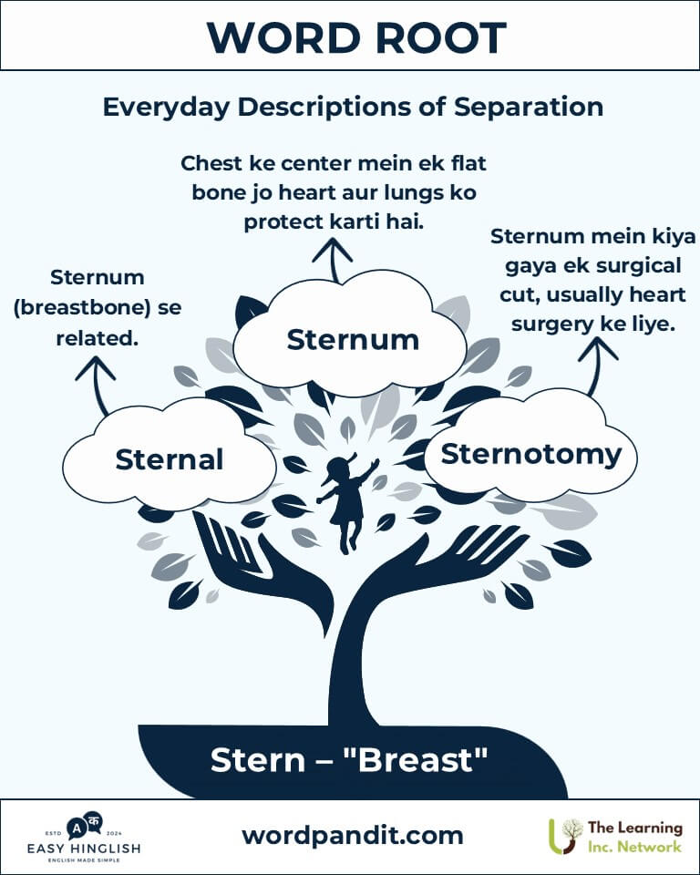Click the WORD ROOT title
tap(356, 38)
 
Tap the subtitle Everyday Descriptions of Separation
tap(353, 107)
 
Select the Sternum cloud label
tap(353, 339)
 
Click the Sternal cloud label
tap(170, 459)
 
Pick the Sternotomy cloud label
tap(530, 454)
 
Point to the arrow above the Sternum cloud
tap(334, 260)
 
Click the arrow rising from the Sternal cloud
tap(98, 385)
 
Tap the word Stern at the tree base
tap(258, 760)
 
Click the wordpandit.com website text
tap(353, 836)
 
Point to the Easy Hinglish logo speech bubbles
tap(85, 827)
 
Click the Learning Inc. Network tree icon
tap(565, 836)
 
